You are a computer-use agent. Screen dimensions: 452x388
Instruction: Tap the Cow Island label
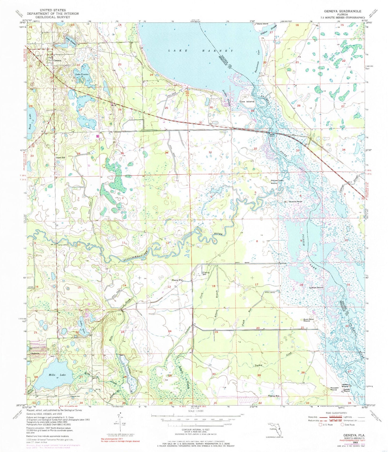point(246,102)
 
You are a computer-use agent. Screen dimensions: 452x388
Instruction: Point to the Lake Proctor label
point(82,74)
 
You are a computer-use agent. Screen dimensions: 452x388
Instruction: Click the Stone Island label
point(262,24)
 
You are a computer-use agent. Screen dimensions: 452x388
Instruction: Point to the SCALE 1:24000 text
point(194,411)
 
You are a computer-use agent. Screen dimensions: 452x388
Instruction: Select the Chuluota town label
point(35,353)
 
